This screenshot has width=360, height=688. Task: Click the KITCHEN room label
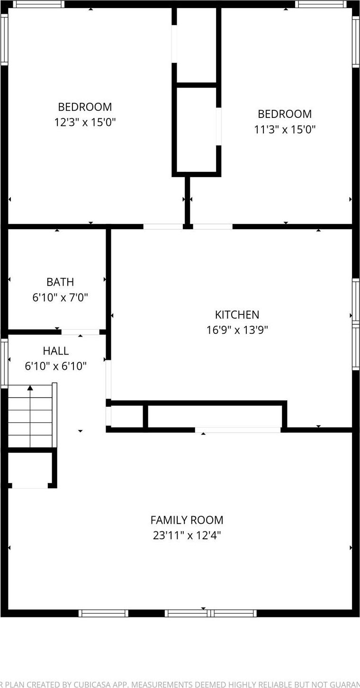click(237, 315)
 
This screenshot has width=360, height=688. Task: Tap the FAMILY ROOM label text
click(187, 520)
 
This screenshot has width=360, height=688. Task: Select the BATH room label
click(60, 282)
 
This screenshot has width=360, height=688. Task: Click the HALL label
click(55, 351)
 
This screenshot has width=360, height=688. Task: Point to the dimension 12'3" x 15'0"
click(85, 122)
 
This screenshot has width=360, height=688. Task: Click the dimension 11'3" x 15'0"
click(285, 129)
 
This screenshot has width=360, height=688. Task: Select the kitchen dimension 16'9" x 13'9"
click(237, 330)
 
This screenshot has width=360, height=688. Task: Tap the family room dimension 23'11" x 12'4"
click(187, 535)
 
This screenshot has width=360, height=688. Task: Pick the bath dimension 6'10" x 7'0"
click(60, 297)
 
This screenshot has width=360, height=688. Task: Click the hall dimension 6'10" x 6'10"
click(55, 366)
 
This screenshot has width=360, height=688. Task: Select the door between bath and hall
click(80, 332)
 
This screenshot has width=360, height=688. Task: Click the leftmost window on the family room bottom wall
click(103, 613)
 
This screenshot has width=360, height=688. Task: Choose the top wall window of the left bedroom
click(38, 4)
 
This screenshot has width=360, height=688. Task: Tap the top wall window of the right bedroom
click(321, 4)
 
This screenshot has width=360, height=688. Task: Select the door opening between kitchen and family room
click(238, 430)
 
